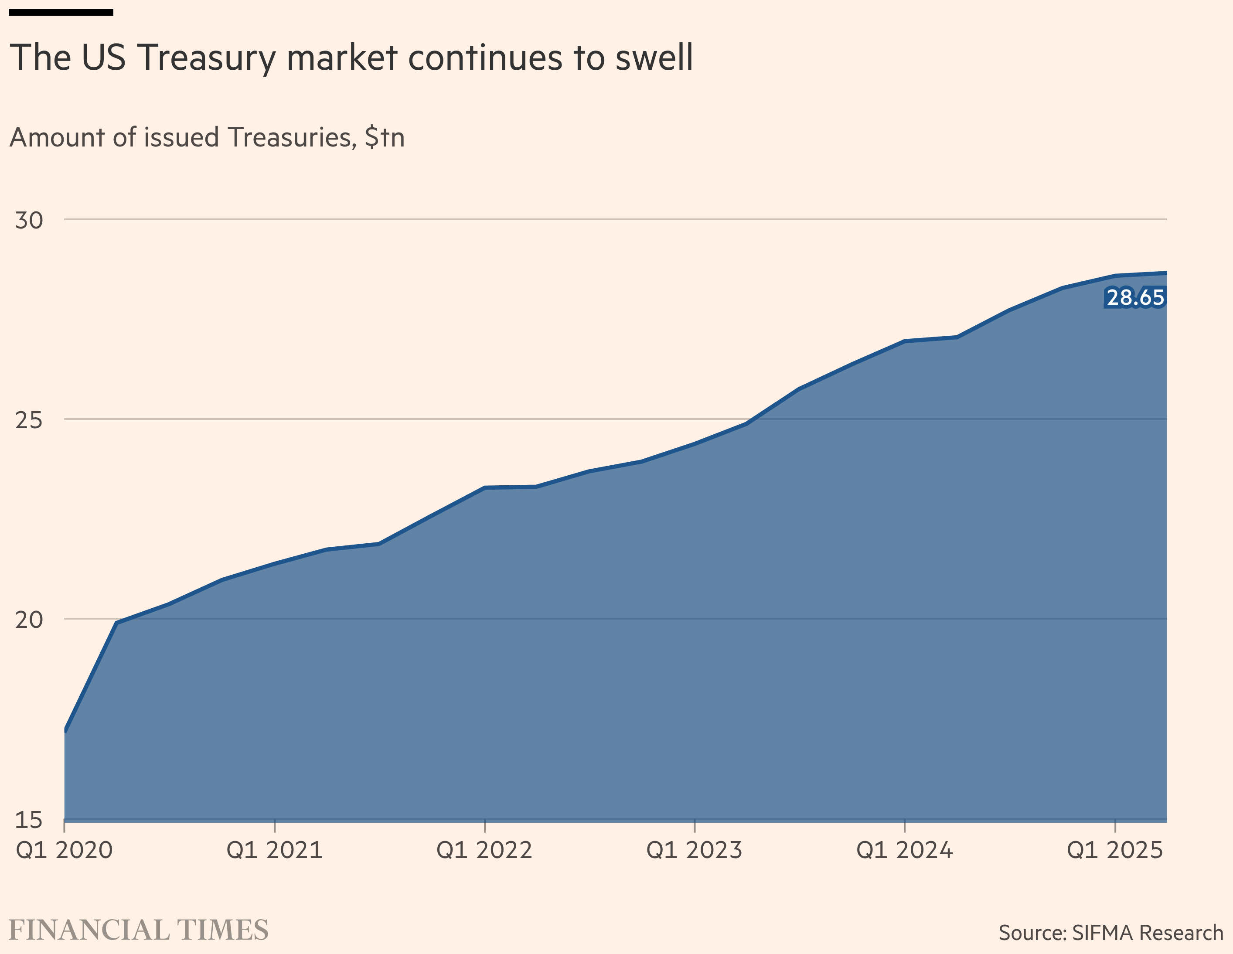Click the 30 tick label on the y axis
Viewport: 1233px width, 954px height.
tap(29, 221)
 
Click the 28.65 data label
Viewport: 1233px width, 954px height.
tap(1135, 297)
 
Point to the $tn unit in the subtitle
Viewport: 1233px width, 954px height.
tap(385, 138)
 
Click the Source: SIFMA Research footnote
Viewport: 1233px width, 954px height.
tap(1110, 933)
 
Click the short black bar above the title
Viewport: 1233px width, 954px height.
tap(61, 12)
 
